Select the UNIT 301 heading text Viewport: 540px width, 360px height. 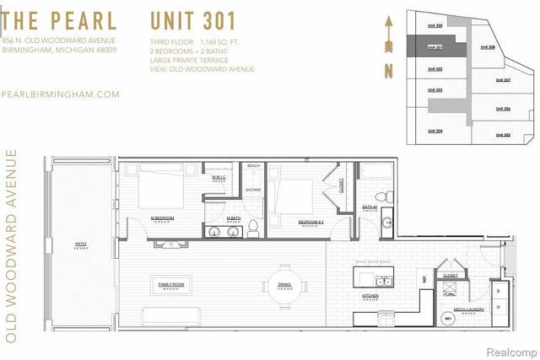click(192, 20)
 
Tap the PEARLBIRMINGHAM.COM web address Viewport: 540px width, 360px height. click(61, 95)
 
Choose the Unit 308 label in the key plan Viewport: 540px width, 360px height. click(487, 47)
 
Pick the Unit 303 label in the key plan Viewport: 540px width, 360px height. click(435, 89)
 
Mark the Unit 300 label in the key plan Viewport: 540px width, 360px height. click(435, 27)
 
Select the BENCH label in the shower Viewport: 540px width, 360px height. click(253, 166)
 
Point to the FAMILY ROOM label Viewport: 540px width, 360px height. click(170, 285)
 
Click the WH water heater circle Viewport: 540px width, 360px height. click(447, 319)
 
